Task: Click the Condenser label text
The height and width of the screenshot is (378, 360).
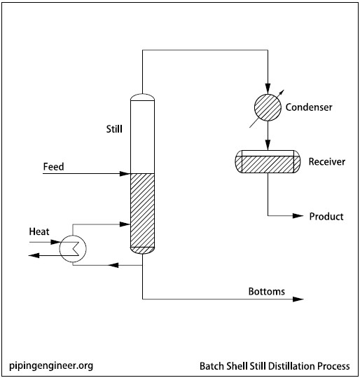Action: pyautogui.click(x=309, y=107)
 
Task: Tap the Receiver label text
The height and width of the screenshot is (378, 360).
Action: pyautogui.click(x=326, y=162)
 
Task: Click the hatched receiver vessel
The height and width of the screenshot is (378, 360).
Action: pyautogui.click(x=267, y=163)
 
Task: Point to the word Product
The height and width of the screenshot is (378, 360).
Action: pyautogui.click(x=326, y=216)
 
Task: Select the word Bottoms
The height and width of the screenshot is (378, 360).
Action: pyautogui.click(x=267, y=291)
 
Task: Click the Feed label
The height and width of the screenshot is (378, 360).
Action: pyautogui.click(x=54, y=167)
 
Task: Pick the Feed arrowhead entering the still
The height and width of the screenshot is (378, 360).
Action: pyautogui.click(x=127, y=173)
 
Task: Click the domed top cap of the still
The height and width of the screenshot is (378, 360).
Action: pyautogui.click(x=142, y=96)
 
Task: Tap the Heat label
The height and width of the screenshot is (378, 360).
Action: pyautogui.click(x=39, y=231)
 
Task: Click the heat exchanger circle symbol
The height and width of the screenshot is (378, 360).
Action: pyautogui.click(x=71, y=248)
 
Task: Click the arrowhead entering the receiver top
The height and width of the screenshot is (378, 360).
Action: pyautogui.click(x=268, y=146)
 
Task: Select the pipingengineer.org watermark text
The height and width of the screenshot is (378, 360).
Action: pyautogui.click(x=51, y=365)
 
